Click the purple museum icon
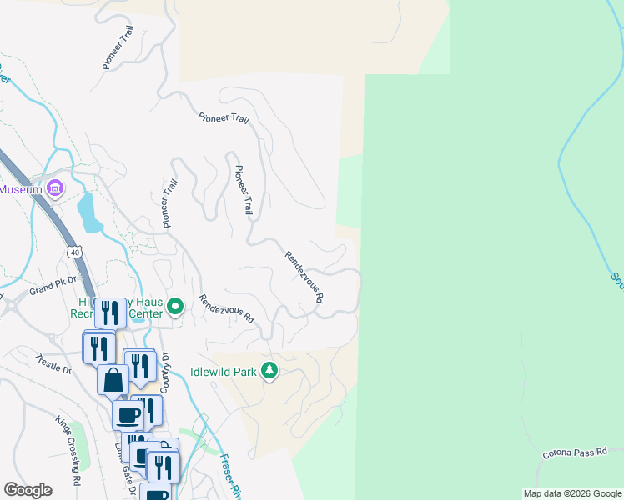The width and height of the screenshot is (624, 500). [56, 189]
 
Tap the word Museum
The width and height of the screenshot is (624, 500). [22, 189]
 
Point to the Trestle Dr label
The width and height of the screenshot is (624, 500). [54, 363]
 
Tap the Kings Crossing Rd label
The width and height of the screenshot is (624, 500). [68, 451]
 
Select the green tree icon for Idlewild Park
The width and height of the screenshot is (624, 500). [269, 370]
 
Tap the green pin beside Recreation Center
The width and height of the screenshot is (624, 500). [174, 307]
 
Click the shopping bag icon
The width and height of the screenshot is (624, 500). [113, 380]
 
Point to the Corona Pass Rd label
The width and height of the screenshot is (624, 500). [575, 453]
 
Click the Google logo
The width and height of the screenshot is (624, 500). [28, 490]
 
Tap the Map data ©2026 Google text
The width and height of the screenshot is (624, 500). [571, 493]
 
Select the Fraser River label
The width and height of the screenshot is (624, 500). [229, 474]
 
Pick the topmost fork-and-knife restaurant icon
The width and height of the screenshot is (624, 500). [110, 312]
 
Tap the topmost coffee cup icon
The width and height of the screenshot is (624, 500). [128, 414]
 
